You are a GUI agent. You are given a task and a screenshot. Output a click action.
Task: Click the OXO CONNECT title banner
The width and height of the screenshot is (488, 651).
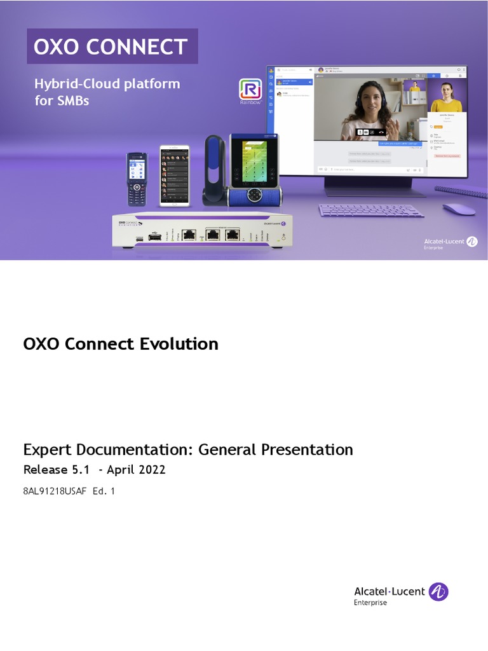tap(112, 46)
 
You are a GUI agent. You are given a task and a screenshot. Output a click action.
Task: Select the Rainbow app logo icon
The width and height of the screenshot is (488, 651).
tap(250, 90)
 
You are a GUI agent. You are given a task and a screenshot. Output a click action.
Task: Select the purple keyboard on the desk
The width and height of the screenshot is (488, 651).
tap(372, 210)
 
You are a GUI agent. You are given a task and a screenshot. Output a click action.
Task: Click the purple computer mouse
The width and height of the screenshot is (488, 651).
tap(459, 209)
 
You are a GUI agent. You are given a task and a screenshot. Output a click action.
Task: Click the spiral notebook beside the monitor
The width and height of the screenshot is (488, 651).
tap(462, 191)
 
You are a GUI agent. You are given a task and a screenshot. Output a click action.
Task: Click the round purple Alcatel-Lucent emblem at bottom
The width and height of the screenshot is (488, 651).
tap(438, 592)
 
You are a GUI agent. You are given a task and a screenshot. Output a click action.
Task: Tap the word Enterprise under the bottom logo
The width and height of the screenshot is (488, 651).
tap(370, 603)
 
